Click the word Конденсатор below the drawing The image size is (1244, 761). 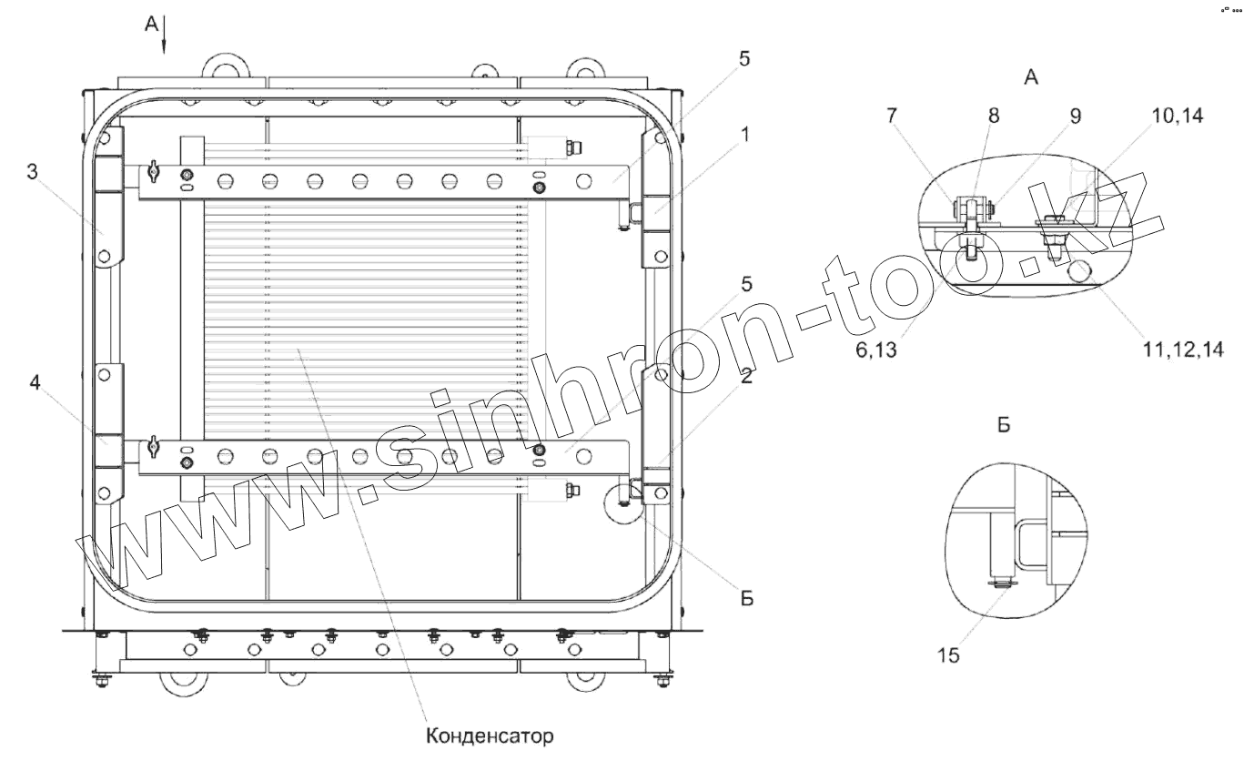[x=490, y=736]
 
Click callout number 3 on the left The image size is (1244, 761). [x=32, y=172]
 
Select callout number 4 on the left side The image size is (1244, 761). [x=35, y=382]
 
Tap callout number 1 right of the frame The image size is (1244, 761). [x=744, y=135]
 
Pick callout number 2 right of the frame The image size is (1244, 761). [x=746, y=376]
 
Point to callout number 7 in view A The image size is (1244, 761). [x=891, y=116]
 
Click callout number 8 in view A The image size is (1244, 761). [x=994, y=116]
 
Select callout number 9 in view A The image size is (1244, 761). [x=1076, y=116]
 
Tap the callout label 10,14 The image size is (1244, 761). [x=1178, y=116]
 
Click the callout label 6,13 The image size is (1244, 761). [x=876, y=350]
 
